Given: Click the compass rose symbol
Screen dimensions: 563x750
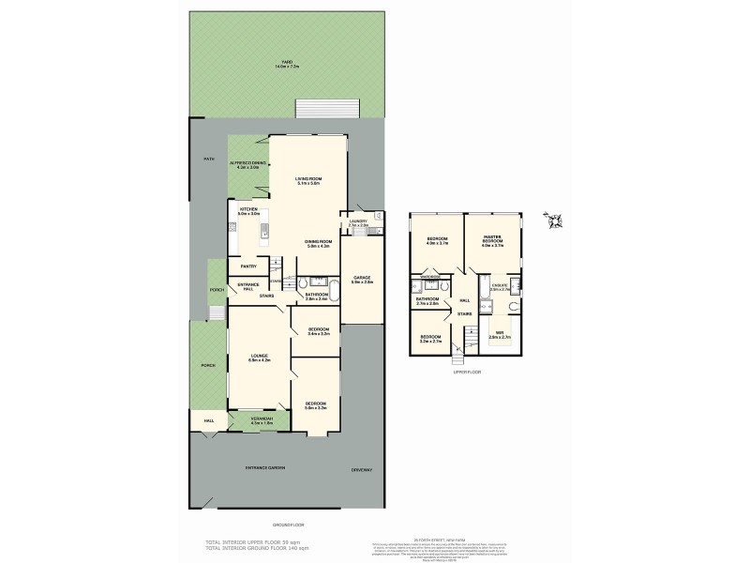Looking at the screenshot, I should click(x=553, y=221).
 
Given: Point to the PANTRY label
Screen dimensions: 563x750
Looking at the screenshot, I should click(x=248, y=266).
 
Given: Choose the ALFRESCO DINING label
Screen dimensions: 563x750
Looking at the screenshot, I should click(x=248, y=163).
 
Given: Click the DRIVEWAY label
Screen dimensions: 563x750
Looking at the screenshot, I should click(x=362, y=469).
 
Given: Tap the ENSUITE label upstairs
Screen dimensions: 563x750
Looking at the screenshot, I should click(x=499, y=289).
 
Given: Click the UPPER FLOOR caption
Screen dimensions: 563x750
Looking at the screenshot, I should click(x=466, y=372).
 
